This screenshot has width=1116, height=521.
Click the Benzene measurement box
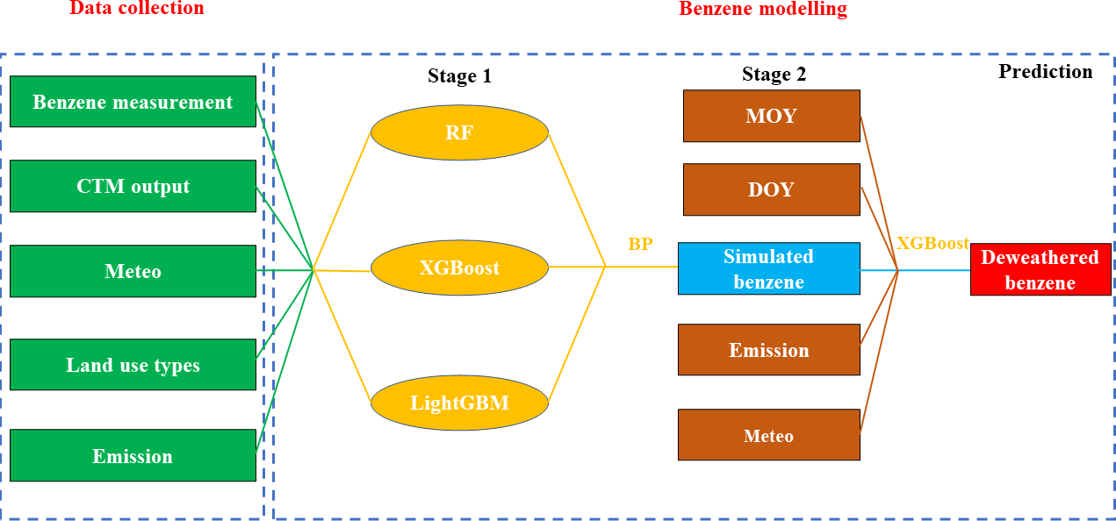[x=133, y=102]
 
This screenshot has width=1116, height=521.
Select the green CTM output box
[x=133, y=186]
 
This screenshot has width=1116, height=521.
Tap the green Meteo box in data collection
[x=133, y=271]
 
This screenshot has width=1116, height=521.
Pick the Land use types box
[x=133, y=365]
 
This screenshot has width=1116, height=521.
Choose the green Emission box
[x=133, y=456]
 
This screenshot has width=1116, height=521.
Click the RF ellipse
[x=459, y=133]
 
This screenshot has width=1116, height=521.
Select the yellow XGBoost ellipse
[x=459, y=268]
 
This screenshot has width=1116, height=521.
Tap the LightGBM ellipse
[x=459, y=403]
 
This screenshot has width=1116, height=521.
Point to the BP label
[x=640, y=245]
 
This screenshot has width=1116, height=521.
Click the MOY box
[x=771, y=116]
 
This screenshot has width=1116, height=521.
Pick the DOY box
[x=771, y=189]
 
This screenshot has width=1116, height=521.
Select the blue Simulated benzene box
[x=768, y=268]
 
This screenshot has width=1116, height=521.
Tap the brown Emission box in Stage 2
[x=768, y=350]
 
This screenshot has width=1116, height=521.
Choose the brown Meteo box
[x=768, y=435]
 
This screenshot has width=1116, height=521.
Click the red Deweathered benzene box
[x=1040, y=269]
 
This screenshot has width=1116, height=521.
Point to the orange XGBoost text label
[x=932, y=244]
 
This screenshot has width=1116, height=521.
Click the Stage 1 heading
[x=459, y=76]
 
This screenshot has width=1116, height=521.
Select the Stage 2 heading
[x=774, y=75]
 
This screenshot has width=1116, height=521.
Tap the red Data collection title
[x=136, y=9]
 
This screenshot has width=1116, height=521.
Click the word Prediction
[x=1045, y=72]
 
